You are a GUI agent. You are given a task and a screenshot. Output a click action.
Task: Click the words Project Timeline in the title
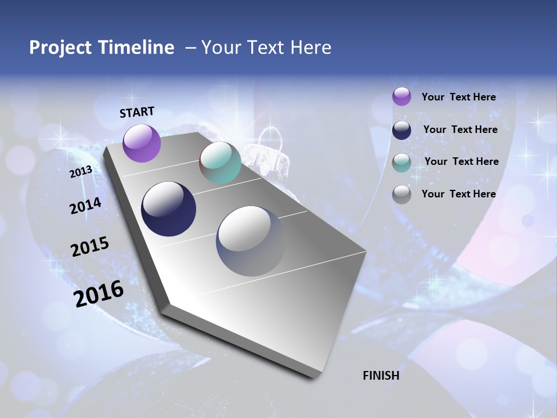102,48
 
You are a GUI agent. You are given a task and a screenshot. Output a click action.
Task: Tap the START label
137,112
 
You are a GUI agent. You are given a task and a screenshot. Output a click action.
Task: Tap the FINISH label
381,376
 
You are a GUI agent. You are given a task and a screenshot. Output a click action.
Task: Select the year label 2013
81,172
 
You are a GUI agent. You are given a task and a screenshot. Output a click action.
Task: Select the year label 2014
85,206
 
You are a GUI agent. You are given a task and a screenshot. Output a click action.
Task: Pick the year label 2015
89,247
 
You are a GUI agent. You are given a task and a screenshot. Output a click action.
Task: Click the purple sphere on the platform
142,143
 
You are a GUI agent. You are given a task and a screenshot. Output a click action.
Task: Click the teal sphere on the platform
220,163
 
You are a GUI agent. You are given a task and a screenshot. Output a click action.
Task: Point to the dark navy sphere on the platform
168,209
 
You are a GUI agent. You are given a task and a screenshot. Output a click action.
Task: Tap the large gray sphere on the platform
251,241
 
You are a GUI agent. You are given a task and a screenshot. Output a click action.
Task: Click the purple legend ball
402,96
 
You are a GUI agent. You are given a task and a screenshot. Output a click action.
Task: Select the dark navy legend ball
402,130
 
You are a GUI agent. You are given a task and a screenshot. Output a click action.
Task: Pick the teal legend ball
402,163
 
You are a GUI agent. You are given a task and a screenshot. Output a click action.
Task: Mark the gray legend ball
402,194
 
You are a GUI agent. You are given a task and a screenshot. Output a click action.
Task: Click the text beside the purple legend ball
458,97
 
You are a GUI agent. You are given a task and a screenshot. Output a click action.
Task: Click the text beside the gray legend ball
458,194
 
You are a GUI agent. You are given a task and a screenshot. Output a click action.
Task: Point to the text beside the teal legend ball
461,161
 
